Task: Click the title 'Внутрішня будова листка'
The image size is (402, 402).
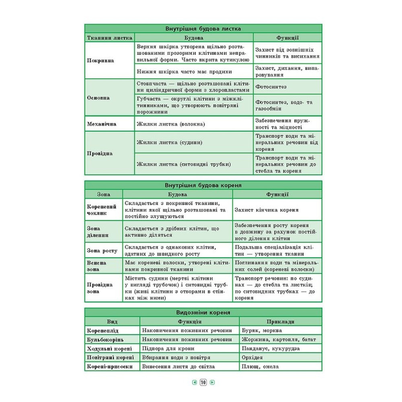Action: (x=203, y=29)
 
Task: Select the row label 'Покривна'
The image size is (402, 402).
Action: (x=100, y=60)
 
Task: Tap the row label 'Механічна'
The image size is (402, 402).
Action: (x=102, y=124)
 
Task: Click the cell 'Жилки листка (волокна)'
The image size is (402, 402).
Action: (x=171, y=124)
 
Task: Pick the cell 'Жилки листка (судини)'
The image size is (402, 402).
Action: (x=169, y=142)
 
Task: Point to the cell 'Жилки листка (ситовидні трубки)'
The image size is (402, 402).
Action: (x=183, y=164)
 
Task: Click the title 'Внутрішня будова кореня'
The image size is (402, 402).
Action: (x=203, y=186)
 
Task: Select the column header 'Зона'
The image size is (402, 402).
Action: (x=103, y=194)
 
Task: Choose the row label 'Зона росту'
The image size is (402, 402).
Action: (x=102, y=250)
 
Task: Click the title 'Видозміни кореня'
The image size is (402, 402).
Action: (x=203, y=312)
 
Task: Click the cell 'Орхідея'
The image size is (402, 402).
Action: (x=252, y=357)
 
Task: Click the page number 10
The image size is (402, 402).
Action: (x=203, y=382)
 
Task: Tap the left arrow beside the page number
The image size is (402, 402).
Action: (x=194, y=382)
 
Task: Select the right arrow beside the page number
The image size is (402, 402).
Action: (x=212, y=382)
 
